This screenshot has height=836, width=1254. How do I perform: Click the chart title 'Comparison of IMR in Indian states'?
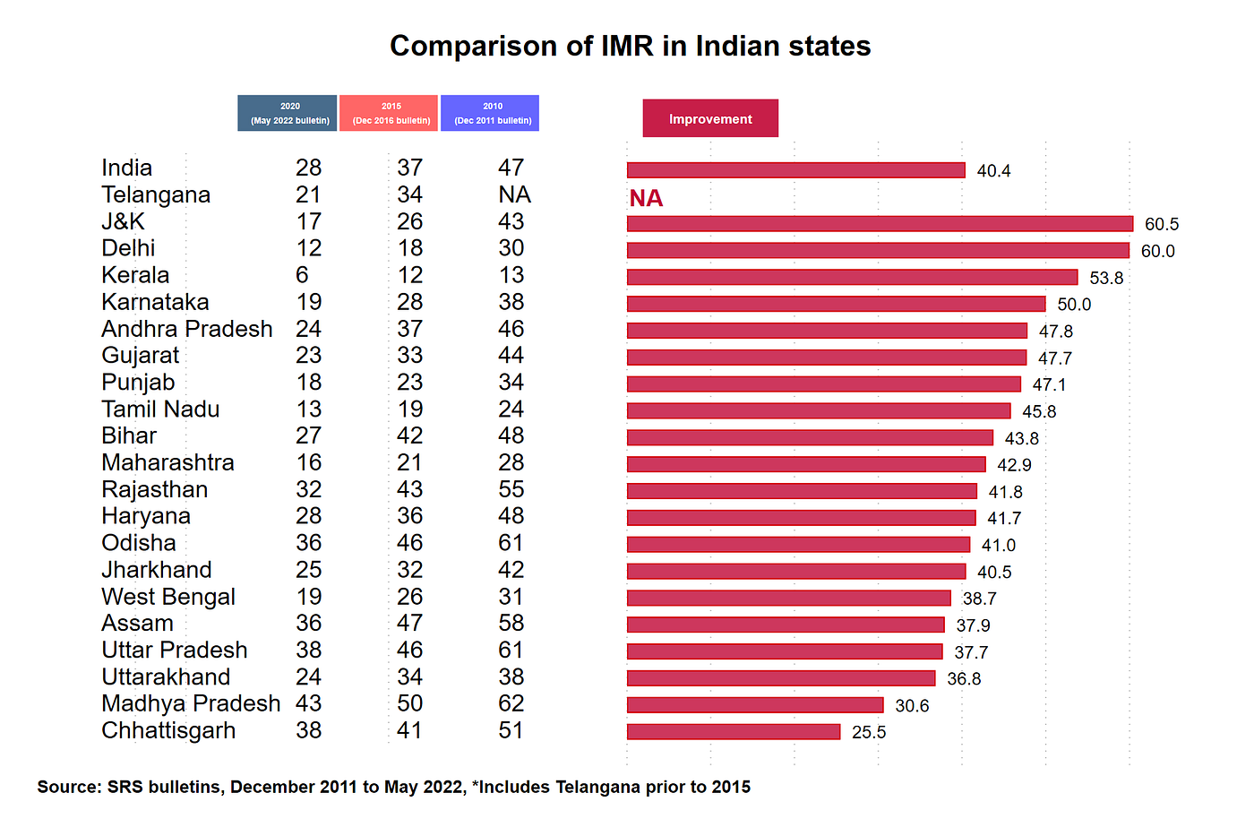click(630, 46)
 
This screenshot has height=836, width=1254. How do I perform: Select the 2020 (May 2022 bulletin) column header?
click(288, 113)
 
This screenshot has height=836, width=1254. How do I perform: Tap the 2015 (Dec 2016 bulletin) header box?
click(389, 113)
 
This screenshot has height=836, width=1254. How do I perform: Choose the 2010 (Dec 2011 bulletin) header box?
click(490, 113)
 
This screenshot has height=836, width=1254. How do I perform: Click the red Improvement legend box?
click(710, 118)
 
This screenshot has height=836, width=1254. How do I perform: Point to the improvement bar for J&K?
click(880, 224)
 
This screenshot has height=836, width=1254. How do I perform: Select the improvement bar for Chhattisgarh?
click(734, 732)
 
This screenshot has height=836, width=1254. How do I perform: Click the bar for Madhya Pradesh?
click(755, 705)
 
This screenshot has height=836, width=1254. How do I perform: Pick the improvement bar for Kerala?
click(852, 278)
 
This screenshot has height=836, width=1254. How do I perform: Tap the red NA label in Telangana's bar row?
click(646, 198)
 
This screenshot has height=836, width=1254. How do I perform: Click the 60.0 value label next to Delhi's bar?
click(1157, 252)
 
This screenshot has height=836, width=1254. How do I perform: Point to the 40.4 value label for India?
click(993, 171)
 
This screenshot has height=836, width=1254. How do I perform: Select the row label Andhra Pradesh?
click(187, 329)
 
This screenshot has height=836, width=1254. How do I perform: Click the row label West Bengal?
click(168, 597)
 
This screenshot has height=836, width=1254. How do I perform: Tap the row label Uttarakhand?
click(166, 677)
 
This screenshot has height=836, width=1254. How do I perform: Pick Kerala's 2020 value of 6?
click(302, 275)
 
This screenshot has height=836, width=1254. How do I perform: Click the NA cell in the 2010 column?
click(514, 194)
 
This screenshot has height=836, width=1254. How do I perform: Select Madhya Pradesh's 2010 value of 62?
click(511, 703)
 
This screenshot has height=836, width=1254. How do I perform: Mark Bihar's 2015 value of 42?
click(409, 435)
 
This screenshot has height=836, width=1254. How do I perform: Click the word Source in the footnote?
click(68, 787)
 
